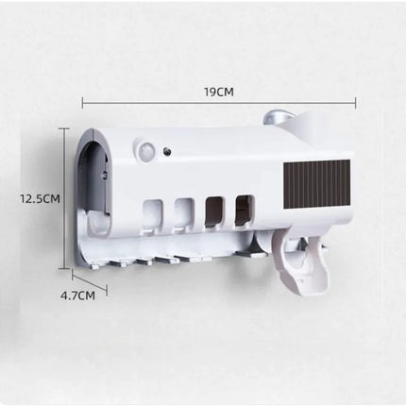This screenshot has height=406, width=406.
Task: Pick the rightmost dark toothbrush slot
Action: click(245, 207)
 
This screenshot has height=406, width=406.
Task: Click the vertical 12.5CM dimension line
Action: click(69, 198)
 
